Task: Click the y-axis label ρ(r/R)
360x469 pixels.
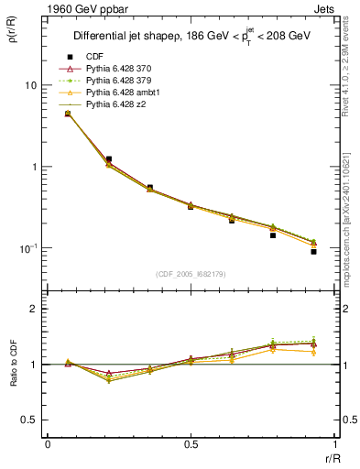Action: point(14,39)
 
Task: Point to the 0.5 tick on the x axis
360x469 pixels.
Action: point(191,446)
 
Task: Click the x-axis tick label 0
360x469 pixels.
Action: point(48,446)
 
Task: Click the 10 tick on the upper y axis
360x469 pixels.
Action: point(30,85)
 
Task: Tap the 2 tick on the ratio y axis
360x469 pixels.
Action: point(34,310)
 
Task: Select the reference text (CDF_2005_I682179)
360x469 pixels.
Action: point(191,274)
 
